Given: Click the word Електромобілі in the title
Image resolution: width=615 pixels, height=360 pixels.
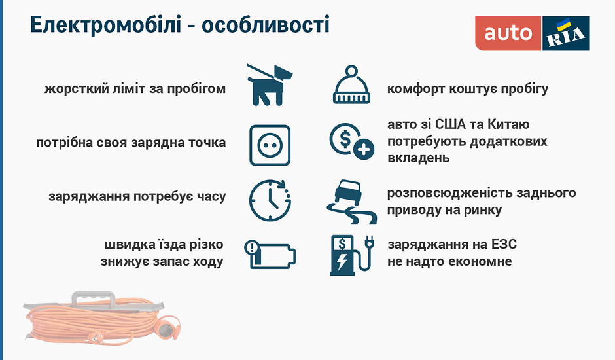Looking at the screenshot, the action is [105, 25].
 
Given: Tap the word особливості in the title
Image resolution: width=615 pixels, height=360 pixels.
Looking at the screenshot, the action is [266, 25].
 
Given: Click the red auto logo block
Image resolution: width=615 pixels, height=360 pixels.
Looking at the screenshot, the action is [508, 33].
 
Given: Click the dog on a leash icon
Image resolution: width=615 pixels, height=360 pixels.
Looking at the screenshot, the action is [269, 85].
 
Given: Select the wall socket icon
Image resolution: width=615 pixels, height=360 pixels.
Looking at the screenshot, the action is [270, 145].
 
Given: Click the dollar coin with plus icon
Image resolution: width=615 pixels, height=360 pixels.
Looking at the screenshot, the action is [351, 141].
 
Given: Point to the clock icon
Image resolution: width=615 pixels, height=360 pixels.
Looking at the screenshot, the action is [270, 200].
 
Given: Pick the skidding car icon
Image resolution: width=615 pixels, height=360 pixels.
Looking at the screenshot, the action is [351, 202].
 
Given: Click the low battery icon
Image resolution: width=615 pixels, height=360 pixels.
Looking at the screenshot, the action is [270, 255].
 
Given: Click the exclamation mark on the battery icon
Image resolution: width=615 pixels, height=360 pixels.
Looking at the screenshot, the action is [252, 247].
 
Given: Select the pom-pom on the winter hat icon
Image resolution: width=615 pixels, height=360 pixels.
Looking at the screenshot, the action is [351, 71].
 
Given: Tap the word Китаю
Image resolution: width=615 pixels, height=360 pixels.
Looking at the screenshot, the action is [508, 124].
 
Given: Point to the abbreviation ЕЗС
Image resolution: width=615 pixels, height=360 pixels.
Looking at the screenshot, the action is [504, 245].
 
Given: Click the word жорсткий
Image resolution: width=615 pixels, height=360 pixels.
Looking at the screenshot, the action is [77, 89].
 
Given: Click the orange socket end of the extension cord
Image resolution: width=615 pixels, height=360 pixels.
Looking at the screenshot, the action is [170, 326].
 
